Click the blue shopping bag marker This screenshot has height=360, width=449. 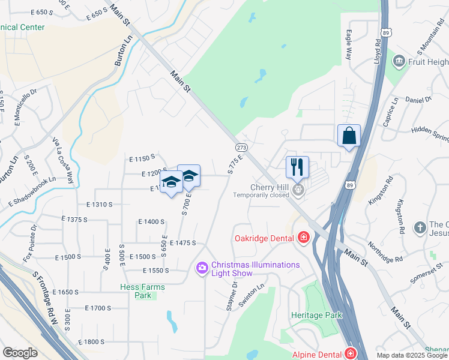[349, 136]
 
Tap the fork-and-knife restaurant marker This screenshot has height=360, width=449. [297, 167]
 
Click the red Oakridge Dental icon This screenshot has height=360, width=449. [304, 238]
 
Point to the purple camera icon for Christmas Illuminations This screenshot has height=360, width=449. [202, 267]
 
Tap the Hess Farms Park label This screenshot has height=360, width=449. [142, 291]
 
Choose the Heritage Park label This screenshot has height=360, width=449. [316, 315]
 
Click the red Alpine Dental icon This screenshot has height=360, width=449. [350, 355]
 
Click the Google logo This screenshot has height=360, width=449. [20, 353]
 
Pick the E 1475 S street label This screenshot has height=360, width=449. [183, 243]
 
